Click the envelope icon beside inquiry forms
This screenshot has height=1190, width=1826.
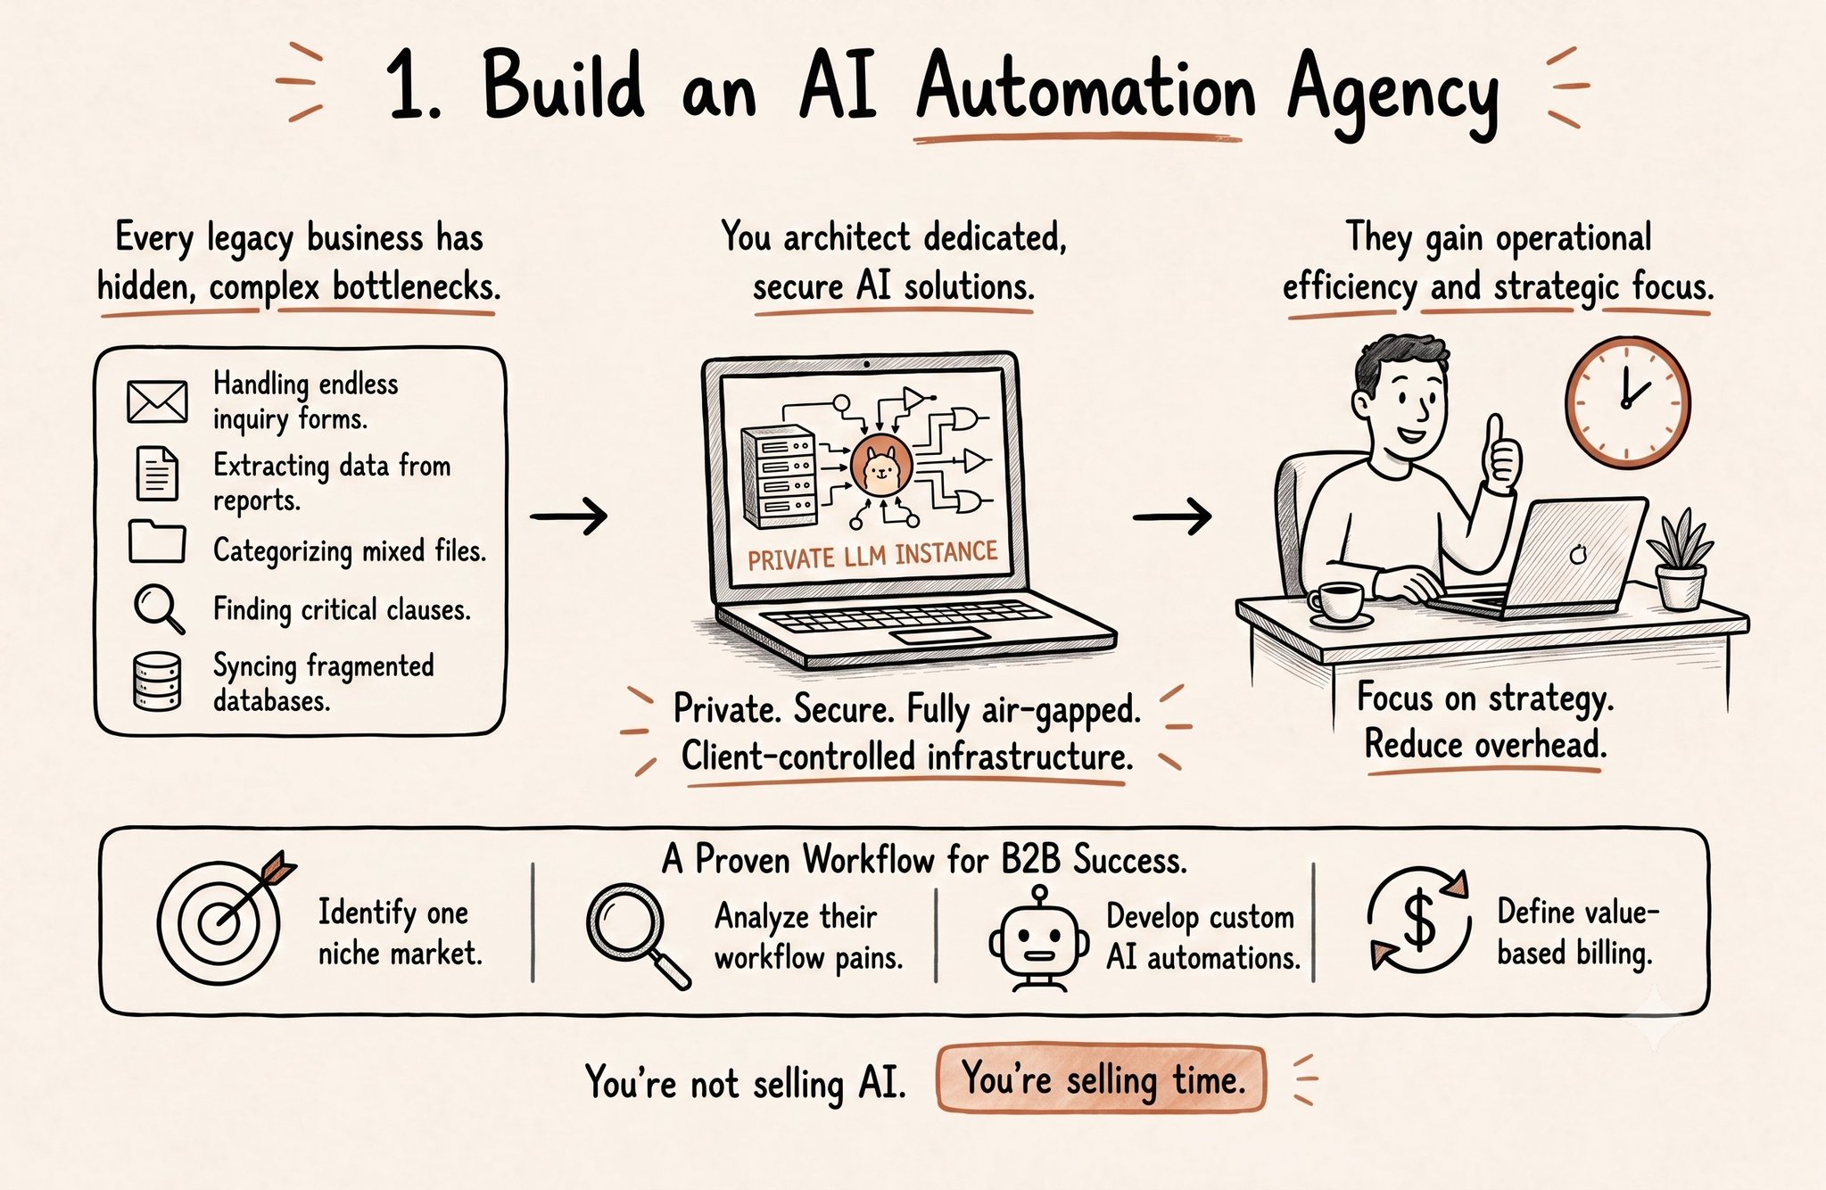[x=157, y=401]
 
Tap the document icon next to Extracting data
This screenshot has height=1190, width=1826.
[x=157, y=473]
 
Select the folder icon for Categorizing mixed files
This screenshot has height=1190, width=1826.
[x=157, y=541]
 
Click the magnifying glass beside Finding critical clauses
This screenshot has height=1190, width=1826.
[x=159, y=608]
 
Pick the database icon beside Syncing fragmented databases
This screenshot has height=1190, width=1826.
[x=157, y=682]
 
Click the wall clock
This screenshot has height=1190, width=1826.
[x=1627, y=401]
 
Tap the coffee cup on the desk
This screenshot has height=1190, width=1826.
[x=1339, y=603]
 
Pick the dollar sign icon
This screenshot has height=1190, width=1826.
[x=1419, y=921]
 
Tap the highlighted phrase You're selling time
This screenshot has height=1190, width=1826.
[x=1102, y=1079]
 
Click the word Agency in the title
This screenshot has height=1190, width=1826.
[x=1392, y=92]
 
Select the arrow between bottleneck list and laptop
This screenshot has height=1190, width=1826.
[x=569, y=516]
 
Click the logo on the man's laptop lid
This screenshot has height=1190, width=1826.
[x=1578, y=554]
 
